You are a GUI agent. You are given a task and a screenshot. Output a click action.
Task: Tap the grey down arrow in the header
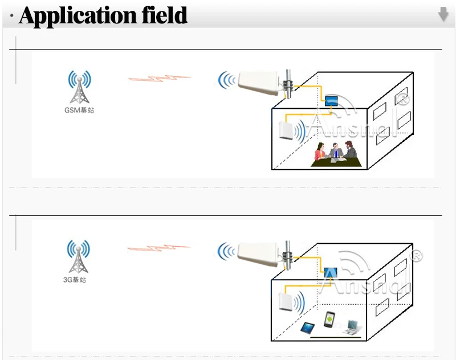pyautogui.click(x=443, y=15)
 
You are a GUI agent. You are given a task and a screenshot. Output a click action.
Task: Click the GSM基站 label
pyautogui.click(x=79, y=110)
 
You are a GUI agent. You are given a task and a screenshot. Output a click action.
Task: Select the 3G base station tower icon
pyautogui.click(x=79, y=257)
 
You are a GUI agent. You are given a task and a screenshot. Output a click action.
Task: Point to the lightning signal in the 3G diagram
pyautogui.click(x=159, y=248)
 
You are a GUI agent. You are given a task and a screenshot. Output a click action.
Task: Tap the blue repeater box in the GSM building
pyautogui.click(x=331, y=101)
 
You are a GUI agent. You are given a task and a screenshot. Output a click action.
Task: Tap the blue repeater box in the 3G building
pyautogui.click(x=331, y=272)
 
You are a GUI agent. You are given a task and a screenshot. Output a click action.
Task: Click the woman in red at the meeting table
pyautogui.click(x=320, y=153)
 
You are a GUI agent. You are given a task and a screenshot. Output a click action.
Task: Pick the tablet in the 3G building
pyautogui.click(x=308, y=328)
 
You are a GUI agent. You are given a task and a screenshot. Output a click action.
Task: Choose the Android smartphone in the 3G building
pyautogui.click(x=329, y=320)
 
